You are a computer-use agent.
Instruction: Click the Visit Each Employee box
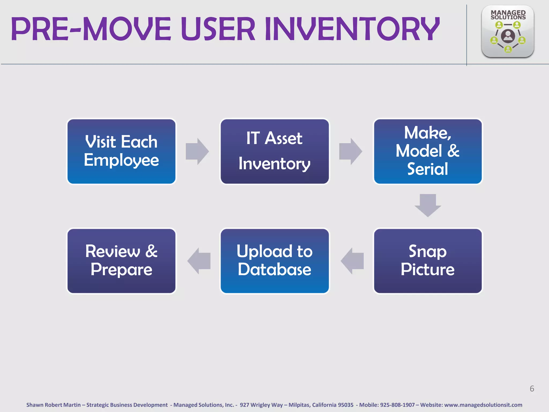[x=121, y=152]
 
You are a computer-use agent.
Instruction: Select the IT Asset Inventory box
[x=274, y=152]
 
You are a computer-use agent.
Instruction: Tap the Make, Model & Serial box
[x=428, y=152]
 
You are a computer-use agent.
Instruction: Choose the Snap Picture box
[x=428, y=261]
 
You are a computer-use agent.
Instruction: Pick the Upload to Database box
[x=274, y=261]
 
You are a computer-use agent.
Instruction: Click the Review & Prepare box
[x=121, y=261]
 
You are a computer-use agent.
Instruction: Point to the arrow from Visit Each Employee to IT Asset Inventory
[x=197, y=152]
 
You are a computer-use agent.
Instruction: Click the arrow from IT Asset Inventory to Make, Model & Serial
[x=350, y=152]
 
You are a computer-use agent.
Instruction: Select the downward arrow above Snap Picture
[x=428, y=205]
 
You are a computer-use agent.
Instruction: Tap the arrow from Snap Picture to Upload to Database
[x=352, y=261]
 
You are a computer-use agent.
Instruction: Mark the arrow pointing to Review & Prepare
[x=199, y=261]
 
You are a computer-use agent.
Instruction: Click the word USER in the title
[x=218, y=29]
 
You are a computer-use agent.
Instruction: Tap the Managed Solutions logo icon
[x=507, y=32]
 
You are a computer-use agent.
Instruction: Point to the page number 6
[x=532, y=388]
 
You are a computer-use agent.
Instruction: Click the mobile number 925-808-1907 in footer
[x=397, y=405]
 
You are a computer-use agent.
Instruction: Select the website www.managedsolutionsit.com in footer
[x=483, y=405]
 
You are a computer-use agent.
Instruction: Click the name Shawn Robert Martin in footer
[x=53, y=405]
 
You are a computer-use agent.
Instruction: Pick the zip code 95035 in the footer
[x=346, y=405]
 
